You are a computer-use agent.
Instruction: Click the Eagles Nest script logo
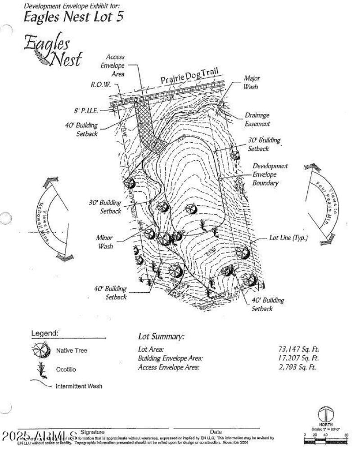53,50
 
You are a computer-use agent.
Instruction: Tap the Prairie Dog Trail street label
189,76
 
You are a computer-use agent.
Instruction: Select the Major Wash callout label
252,82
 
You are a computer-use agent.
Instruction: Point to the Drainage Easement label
257,119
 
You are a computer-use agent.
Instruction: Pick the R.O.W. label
101,85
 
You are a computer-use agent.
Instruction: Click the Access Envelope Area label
115,66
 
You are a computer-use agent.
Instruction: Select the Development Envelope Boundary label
270,174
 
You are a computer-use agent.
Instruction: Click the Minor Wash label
104,242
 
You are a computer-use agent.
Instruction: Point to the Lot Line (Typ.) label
288,238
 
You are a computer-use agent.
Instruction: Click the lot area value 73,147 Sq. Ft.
299,349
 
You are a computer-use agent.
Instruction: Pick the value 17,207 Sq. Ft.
299,358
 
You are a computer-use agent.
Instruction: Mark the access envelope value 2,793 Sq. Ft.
299,367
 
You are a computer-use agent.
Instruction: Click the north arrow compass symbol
325,414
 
